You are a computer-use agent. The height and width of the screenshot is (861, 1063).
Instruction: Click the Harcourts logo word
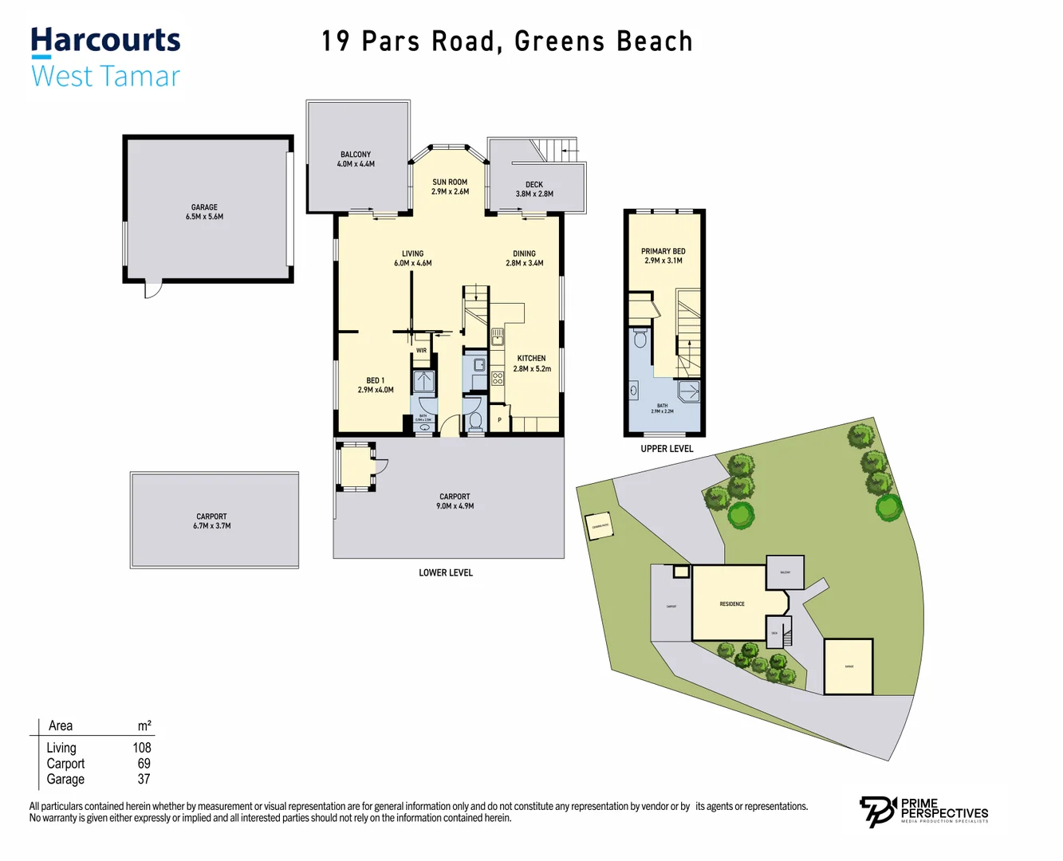(105, 41)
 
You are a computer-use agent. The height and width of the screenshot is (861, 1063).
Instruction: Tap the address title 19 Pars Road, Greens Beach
(506, 41)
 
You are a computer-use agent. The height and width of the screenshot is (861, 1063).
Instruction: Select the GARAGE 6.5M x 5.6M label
(204, 212)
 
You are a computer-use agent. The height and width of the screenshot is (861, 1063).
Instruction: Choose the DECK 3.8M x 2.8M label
(534, 189)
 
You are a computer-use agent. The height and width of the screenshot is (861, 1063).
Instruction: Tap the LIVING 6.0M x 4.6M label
(412, 258)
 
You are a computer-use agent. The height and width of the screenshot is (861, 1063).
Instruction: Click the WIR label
(421, 351)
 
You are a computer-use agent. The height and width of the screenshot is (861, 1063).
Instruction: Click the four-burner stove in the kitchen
(498, 378)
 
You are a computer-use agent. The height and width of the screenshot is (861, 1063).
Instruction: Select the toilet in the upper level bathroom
(640, 340)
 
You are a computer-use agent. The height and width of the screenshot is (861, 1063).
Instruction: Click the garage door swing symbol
(152, 289)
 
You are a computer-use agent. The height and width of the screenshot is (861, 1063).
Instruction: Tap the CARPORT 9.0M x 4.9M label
(455, 501)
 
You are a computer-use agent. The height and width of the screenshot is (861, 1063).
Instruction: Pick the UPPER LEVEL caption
(667, 449)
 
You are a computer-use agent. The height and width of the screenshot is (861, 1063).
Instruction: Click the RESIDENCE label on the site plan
(732, 603)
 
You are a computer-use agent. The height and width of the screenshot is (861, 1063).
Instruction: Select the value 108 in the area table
(141, 748)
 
